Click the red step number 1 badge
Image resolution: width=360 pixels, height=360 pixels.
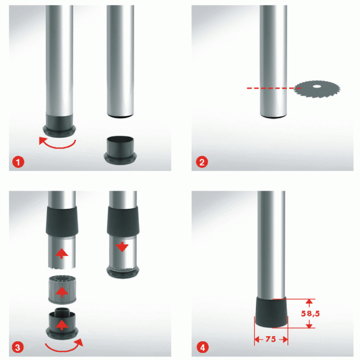pyautogui.click(x=18, y=162)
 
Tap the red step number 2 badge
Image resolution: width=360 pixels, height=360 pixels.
pyautogui.click(x=202, y=162)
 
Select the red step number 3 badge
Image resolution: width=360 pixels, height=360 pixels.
pyautogui.click(x=18, y=347)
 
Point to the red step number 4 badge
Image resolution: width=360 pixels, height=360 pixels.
pyautogui.click(x=203, y=347)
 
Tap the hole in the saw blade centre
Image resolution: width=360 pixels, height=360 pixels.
pyautogui.click(x=317, y=86)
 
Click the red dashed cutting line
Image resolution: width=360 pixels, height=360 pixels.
pyautogui.click(x=274, y=88)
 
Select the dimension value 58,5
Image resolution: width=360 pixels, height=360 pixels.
pyautogui.click(x=310, y=313)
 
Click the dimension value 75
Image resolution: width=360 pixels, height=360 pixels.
pyautogui.click(x=271, y=339)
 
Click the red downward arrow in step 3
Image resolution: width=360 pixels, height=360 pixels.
pyautogui.click(x=122, y=247)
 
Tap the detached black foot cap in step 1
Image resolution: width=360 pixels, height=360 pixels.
pyautogui.click(x=120, y=150)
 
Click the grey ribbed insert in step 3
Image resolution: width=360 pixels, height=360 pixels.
pyautogui.click(x=62, y=289)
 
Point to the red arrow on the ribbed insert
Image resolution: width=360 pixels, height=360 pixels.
pyautogui.click(x=62, y=292)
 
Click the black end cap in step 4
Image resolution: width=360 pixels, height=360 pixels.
pyautogui.click(x=271, y=312)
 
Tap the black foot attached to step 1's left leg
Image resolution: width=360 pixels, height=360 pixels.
pyautogui.click(x=59, y=126)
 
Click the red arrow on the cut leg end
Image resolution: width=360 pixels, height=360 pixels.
pyautogui.click(x=62, y=254)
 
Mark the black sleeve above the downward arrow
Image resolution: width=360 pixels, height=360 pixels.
pyautogui.click(x=123, y=221)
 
